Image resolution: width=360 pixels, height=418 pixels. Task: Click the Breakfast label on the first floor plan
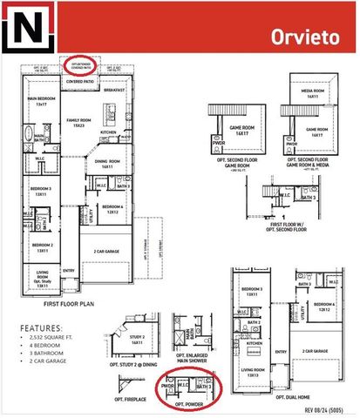click(114, 90)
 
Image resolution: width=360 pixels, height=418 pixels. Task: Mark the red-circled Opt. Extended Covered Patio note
click(80, 65)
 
